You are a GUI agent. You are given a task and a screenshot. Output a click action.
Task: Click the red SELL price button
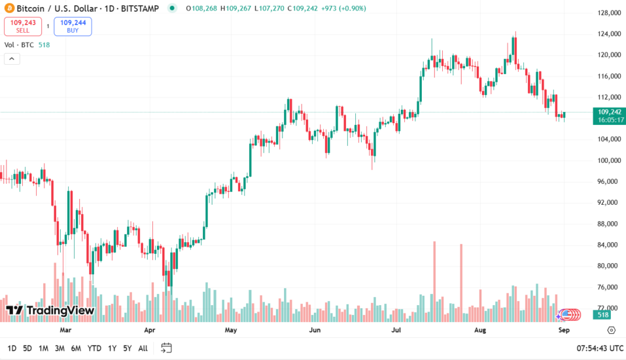coord(23,26)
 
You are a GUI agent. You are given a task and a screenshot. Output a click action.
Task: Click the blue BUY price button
coord(73,26)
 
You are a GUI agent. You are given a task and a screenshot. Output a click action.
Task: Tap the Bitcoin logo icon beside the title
coord(8,9)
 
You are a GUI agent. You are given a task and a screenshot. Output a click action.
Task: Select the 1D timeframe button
coord(12,348)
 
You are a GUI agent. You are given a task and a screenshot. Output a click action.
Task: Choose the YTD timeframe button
coord(94,348)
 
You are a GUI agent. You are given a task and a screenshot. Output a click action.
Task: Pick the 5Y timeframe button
coord(127,348)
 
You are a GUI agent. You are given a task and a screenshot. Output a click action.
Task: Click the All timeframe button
coord(143,348)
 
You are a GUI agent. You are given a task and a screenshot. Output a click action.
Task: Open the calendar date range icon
coord(166,348)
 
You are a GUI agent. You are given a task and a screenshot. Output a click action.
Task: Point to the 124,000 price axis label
coord(608,34)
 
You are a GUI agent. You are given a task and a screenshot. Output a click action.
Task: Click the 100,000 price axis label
coord(608,160)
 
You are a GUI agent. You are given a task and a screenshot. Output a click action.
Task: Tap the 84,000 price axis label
coord(608,245)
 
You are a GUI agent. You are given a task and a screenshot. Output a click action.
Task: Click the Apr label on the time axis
coord(150,331)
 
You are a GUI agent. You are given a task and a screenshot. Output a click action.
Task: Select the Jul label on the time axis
coord(396,331)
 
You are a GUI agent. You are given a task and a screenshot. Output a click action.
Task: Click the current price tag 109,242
coord(611,112)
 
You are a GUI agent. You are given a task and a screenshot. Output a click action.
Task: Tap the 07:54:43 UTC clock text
coord(599,348)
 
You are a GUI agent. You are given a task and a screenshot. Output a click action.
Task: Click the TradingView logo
coord(50,310)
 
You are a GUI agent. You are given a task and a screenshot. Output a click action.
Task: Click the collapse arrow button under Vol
coord(11,59)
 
